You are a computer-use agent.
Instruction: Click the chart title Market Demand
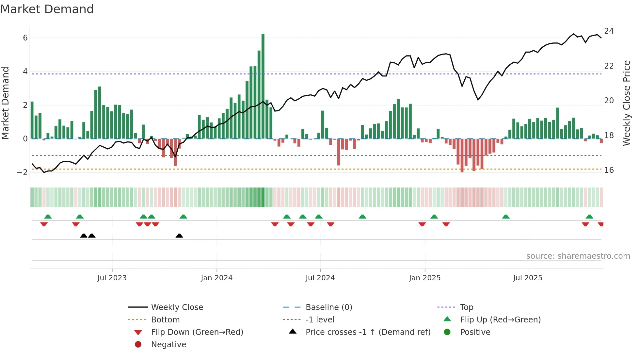47,9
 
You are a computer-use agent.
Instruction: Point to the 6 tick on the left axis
25,38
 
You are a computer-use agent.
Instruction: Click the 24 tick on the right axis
609,31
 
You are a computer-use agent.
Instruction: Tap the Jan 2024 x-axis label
216,278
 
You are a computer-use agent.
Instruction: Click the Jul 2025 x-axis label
527,278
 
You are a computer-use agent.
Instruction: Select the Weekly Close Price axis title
626,103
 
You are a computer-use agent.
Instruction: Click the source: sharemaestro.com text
578,256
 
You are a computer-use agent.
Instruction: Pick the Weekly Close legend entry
177,307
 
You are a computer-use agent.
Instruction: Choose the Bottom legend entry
165,320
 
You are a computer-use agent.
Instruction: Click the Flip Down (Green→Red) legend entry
197,332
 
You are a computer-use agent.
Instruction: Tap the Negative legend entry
168,345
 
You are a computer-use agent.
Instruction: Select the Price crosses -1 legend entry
368,332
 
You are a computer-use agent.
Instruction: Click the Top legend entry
466,307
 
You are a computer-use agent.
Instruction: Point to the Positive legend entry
475,332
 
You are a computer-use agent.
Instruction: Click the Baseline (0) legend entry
328,307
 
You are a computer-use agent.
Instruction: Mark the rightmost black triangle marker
179,236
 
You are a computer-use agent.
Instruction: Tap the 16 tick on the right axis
609,170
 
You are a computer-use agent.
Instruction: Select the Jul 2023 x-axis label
112,278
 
